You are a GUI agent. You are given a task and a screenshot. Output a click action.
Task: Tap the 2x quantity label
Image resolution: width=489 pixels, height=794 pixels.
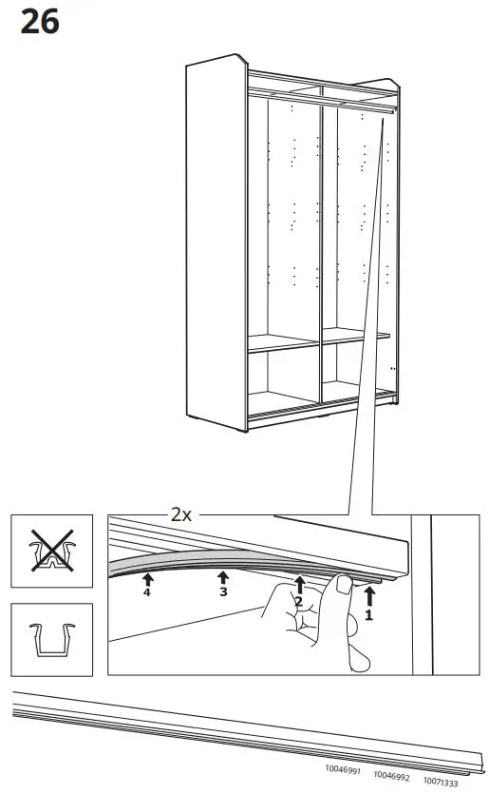(x=180, y=514)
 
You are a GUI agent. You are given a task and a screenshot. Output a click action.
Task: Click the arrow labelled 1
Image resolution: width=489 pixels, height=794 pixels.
(x=369, y=596)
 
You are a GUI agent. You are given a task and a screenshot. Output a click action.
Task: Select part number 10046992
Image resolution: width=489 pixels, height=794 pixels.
(x=390, y=775)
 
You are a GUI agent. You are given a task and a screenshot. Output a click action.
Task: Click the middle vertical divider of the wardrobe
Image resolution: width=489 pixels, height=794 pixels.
(x=321, y=247)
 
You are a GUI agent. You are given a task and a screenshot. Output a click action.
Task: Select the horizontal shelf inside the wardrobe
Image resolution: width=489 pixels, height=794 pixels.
(x=318, y=340)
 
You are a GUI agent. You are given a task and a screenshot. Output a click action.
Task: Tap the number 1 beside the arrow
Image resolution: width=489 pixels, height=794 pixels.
(x=369, y=614)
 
